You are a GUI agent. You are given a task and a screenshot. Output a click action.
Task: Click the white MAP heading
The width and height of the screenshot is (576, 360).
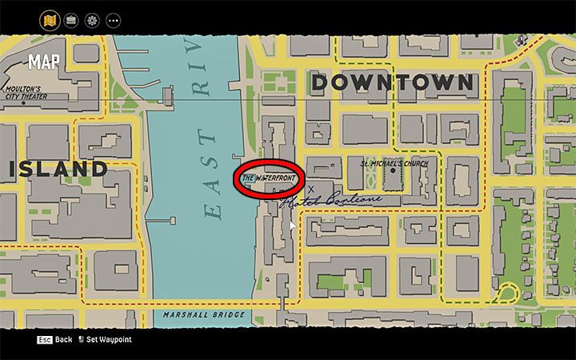pos(43,62)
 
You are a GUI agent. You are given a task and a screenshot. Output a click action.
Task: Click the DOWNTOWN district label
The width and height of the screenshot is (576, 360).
pos(392,82)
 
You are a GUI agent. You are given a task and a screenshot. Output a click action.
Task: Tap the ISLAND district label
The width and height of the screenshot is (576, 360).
pos(58,169)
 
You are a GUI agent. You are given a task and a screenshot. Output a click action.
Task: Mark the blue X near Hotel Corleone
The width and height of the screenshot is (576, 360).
pos(311,189)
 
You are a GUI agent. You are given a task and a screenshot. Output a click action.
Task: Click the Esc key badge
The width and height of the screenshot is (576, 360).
pos(45,340)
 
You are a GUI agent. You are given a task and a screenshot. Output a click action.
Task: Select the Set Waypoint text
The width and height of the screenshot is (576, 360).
pos(110,340)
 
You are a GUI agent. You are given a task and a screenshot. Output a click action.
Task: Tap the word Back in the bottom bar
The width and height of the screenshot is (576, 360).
pos(64,340)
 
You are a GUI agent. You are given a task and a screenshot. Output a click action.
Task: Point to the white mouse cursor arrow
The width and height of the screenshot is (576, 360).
pos(293,226)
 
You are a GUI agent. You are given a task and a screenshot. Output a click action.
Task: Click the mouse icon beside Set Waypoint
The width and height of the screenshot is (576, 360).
pos(81,340)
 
